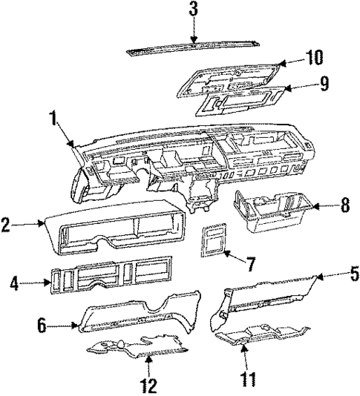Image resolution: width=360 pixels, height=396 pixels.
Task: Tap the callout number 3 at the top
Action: (x=193, y=10)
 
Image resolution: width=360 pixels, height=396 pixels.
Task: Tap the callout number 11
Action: (x=246, y=380)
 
